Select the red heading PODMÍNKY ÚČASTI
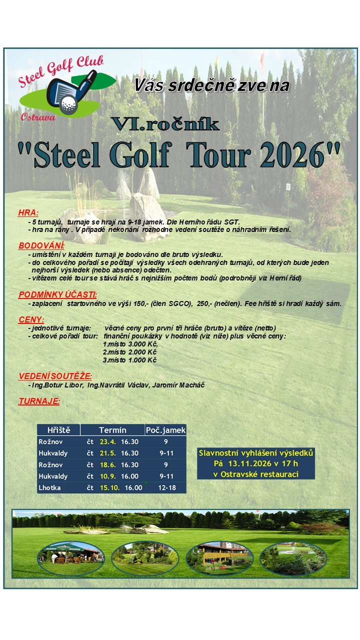[57, 294]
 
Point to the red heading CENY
[31, 319]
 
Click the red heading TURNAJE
[39, 401]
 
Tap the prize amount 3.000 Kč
[142, 344]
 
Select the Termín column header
[112, 430]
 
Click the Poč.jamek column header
[165, 430]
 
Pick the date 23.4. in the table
[107, 441]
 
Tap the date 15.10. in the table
[109, 487]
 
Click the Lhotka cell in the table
[49, 487]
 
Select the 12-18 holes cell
[165, 487]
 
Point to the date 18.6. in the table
[107, 464]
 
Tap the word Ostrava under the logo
[38, 117]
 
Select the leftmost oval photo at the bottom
[70, 558]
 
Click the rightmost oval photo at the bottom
[285, 558]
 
